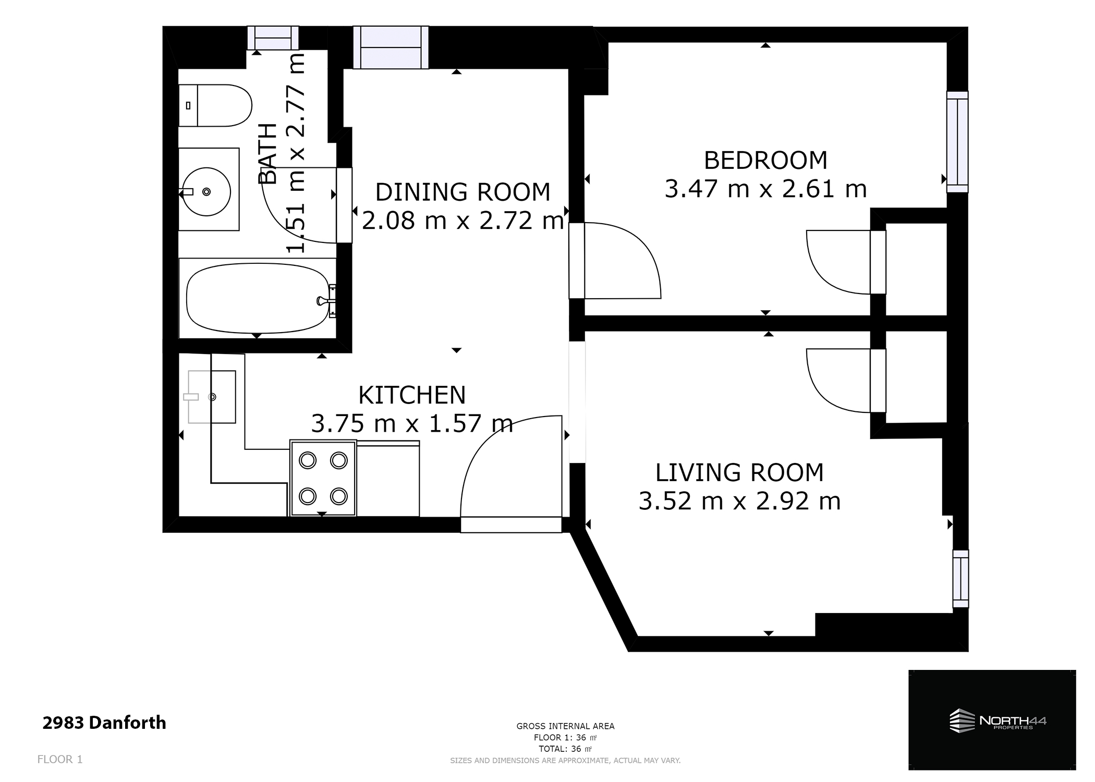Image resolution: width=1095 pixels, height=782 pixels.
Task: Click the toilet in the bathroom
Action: pos(215,105)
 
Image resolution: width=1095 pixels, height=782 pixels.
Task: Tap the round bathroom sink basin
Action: pos(207,192)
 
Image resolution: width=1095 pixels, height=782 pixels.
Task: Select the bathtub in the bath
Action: pos(257,298)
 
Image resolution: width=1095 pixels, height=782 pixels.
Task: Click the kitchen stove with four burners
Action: pos(323,478)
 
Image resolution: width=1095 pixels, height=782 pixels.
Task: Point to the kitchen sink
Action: pos(212,397)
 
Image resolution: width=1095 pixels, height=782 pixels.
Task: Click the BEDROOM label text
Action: pos(765,160)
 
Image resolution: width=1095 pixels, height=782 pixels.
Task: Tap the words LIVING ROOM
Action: pos(739,473)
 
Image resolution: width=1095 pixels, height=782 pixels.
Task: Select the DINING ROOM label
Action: pos(463,192)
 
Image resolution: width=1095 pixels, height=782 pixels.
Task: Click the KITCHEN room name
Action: pos(411,395)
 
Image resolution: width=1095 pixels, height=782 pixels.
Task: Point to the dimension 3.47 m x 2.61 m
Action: pos(765,189)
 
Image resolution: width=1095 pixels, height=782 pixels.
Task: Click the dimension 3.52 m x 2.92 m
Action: pos(739,502)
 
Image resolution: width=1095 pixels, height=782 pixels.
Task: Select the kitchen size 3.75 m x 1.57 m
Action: pos(411,423)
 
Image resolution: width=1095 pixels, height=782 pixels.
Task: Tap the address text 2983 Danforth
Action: pos(104,723)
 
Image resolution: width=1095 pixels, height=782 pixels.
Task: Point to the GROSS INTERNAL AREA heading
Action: pos(565,726)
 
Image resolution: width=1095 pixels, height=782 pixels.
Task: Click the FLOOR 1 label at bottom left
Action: pos(60,760)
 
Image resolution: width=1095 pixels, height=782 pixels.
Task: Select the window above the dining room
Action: pos(391,48)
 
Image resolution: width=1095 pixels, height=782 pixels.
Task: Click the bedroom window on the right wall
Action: pos(957,142)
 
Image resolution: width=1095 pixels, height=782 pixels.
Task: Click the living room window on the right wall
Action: pos(960,579)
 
